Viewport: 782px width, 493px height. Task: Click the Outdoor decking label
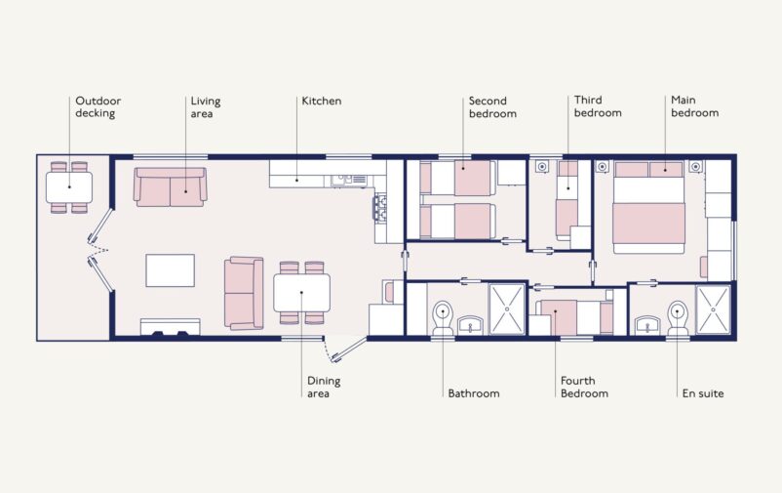coord(98,106)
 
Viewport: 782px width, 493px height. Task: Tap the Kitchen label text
coord(322,101)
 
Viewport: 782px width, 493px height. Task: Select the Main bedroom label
coord(694,106)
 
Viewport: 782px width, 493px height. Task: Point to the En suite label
coord(703,393)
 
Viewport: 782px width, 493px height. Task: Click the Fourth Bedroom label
coord(584,388)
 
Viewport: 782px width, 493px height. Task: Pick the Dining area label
coord(324,388)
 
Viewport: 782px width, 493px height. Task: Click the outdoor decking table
coord(69,187)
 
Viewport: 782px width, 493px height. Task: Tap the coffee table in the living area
coord(170,270)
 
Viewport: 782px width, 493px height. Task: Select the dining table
coord(301,293)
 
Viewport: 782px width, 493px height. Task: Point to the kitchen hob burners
coord(379,208)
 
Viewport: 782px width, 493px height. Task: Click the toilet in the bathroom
coord(443,317)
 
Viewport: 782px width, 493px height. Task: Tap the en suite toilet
coord(677,317)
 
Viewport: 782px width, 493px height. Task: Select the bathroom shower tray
coord(507,308)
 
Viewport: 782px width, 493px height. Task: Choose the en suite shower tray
coord(713,309)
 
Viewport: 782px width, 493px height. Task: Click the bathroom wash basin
coord(470,325)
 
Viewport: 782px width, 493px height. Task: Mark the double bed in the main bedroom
coord(648,207)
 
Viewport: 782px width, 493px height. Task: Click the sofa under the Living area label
coord(170,187)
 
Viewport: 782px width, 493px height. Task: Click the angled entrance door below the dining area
coord(349,349)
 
